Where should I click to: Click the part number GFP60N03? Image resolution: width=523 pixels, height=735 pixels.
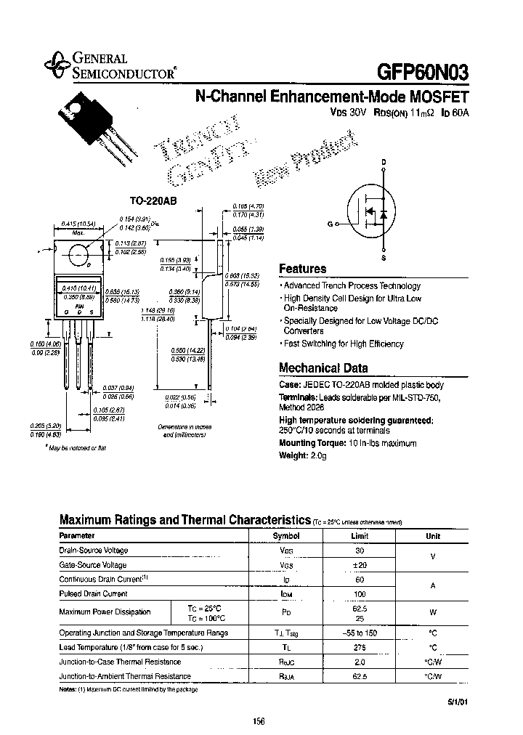[423, 72]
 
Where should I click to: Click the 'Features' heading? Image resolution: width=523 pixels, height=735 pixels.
[303, 269]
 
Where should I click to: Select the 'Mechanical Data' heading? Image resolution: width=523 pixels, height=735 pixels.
[323, 367]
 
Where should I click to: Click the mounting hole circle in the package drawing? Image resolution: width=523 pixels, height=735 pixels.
[78, 253]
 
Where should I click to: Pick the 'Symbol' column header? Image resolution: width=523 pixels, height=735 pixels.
[285, 536]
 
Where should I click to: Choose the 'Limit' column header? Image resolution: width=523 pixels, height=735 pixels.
[360, 536]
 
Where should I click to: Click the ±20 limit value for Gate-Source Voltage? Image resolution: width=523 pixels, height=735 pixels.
[360, 565]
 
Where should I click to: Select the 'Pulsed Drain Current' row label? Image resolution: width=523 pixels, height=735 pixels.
[93, 593]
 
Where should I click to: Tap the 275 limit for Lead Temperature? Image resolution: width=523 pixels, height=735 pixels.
[360, 647]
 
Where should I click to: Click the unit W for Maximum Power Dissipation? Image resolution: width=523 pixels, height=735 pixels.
[432, 612]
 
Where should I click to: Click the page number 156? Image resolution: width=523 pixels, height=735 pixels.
[259, 721]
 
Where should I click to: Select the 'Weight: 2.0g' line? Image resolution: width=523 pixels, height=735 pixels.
[303, 455]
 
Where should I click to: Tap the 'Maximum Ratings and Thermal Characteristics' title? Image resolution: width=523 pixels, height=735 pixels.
[185, 520]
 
